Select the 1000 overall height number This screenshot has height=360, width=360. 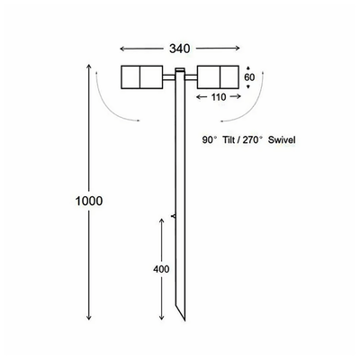[75, 199]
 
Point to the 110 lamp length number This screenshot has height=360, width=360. [218, 96]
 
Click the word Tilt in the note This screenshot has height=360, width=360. [232, 141]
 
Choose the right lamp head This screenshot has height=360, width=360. [220, 77]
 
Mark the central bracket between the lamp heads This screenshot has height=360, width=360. [180, 76]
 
